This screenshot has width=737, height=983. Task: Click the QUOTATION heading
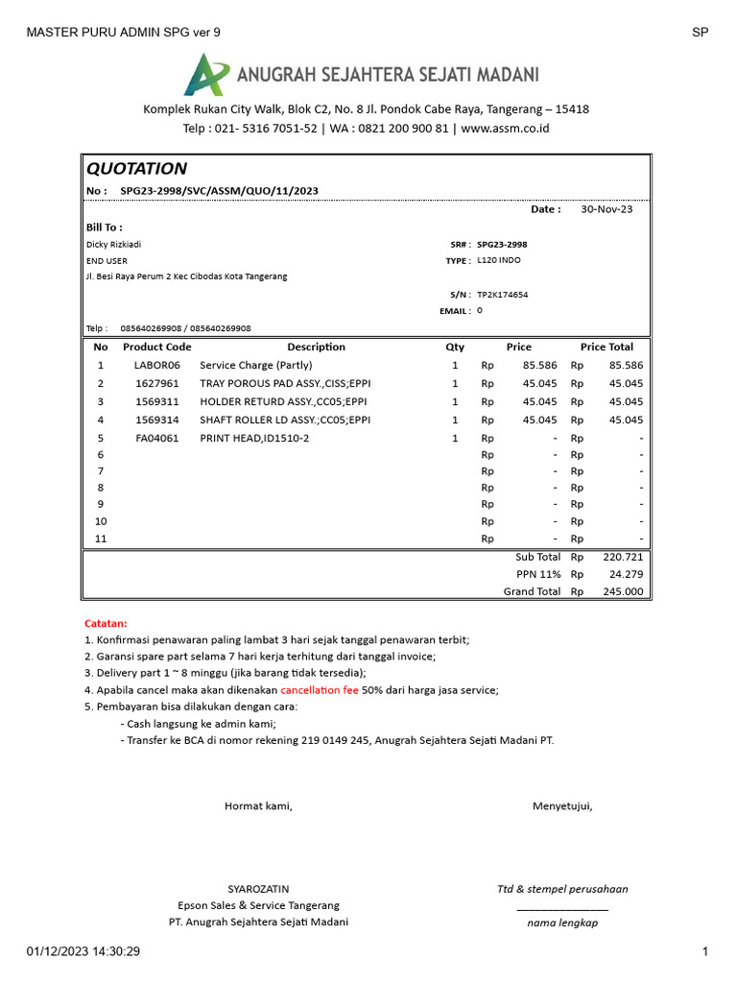pyautogui.click(x=136, y=169)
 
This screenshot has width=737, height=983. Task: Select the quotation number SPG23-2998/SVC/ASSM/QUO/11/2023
pyautogui.click(x=219, y=191)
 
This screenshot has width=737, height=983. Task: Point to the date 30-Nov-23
pyautogui.click(x=606, y=209)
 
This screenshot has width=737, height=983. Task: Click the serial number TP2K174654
pyautogui.click(x=502, y=295)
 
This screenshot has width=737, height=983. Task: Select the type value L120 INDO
pyautogui.click(x=499, y=260)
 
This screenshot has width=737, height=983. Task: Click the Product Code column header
pyautogui.click(x=156, y=347)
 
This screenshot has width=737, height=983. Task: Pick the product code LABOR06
pyautogui.click(x=156, y=366)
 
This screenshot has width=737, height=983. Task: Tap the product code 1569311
pyautogui.click(x=156, y=401)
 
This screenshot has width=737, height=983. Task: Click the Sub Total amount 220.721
pyautogui.click(x=623, y=557)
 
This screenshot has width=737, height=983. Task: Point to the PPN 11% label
pyautogui.click(x=538, y=574)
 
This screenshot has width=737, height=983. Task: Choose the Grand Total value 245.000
pyautogui.click(x=623, y=591)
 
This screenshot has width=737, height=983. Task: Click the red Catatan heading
pyautogui.click(x=106, y=623)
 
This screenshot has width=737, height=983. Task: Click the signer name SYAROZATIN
pyautogui.click(x=258, y=889)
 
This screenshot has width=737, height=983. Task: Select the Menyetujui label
pyautogui.click(x=562, y=805)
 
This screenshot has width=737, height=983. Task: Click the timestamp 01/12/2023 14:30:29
pyautogui.click(x=83, y=951)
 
